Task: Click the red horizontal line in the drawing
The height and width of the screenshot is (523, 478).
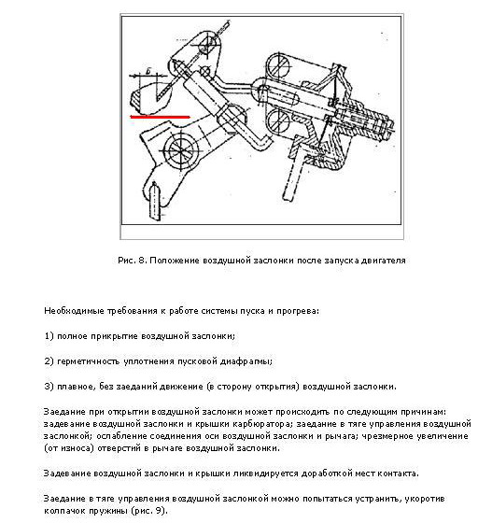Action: click(160, 117)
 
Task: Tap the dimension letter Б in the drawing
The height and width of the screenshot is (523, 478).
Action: click(149, 71)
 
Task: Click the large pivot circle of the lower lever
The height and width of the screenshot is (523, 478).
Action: click(180, 151)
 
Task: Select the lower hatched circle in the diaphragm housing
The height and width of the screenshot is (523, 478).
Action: click(279, 120)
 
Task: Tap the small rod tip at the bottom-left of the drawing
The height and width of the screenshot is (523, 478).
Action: click(154, 199)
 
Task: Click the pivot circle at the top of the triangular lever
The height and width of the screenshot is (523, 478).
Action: click(208, 46)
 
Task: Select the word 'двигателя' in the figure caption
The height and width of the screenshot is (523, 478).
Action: click(388, 261)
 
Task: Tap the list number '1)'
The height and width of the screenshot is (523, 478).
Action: click(49, 336)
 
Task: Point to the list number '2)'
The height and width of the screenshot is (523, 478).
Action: click(49, 361)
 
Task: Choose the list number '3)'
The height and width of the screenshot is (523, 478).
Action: click(49, 387)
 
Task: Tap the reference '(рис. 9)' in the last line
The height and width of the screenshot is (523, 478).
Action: click(148, 511)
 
